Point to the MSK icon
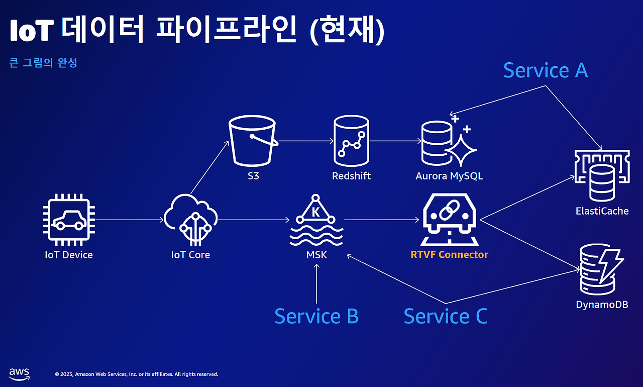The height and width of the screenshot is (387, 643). tap(316, 220)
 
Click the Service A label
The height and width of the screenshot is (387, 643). tap(545, 70)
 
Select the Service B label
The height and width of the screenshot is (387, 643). tap(316, 316)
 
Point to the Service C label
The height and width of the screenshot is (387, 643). tap(446, 316)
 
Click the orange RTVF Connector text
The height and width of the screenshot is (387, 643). tap(449, 254)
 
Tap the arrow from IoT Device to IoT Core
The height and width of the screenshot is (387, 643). tap(129, 220)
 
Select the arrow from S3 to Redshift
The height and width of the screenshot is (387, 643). tap(305, 141)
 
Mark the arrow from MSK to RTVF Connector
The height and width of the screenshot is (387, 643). tap(381, 220)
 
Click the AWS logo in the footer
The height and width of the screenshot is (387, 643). tap(19, 373)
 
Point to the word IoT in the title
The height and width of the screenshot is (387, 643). tap(32, 31)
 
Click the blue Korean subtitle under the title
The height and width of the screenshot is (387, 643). tap(43, 63)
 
